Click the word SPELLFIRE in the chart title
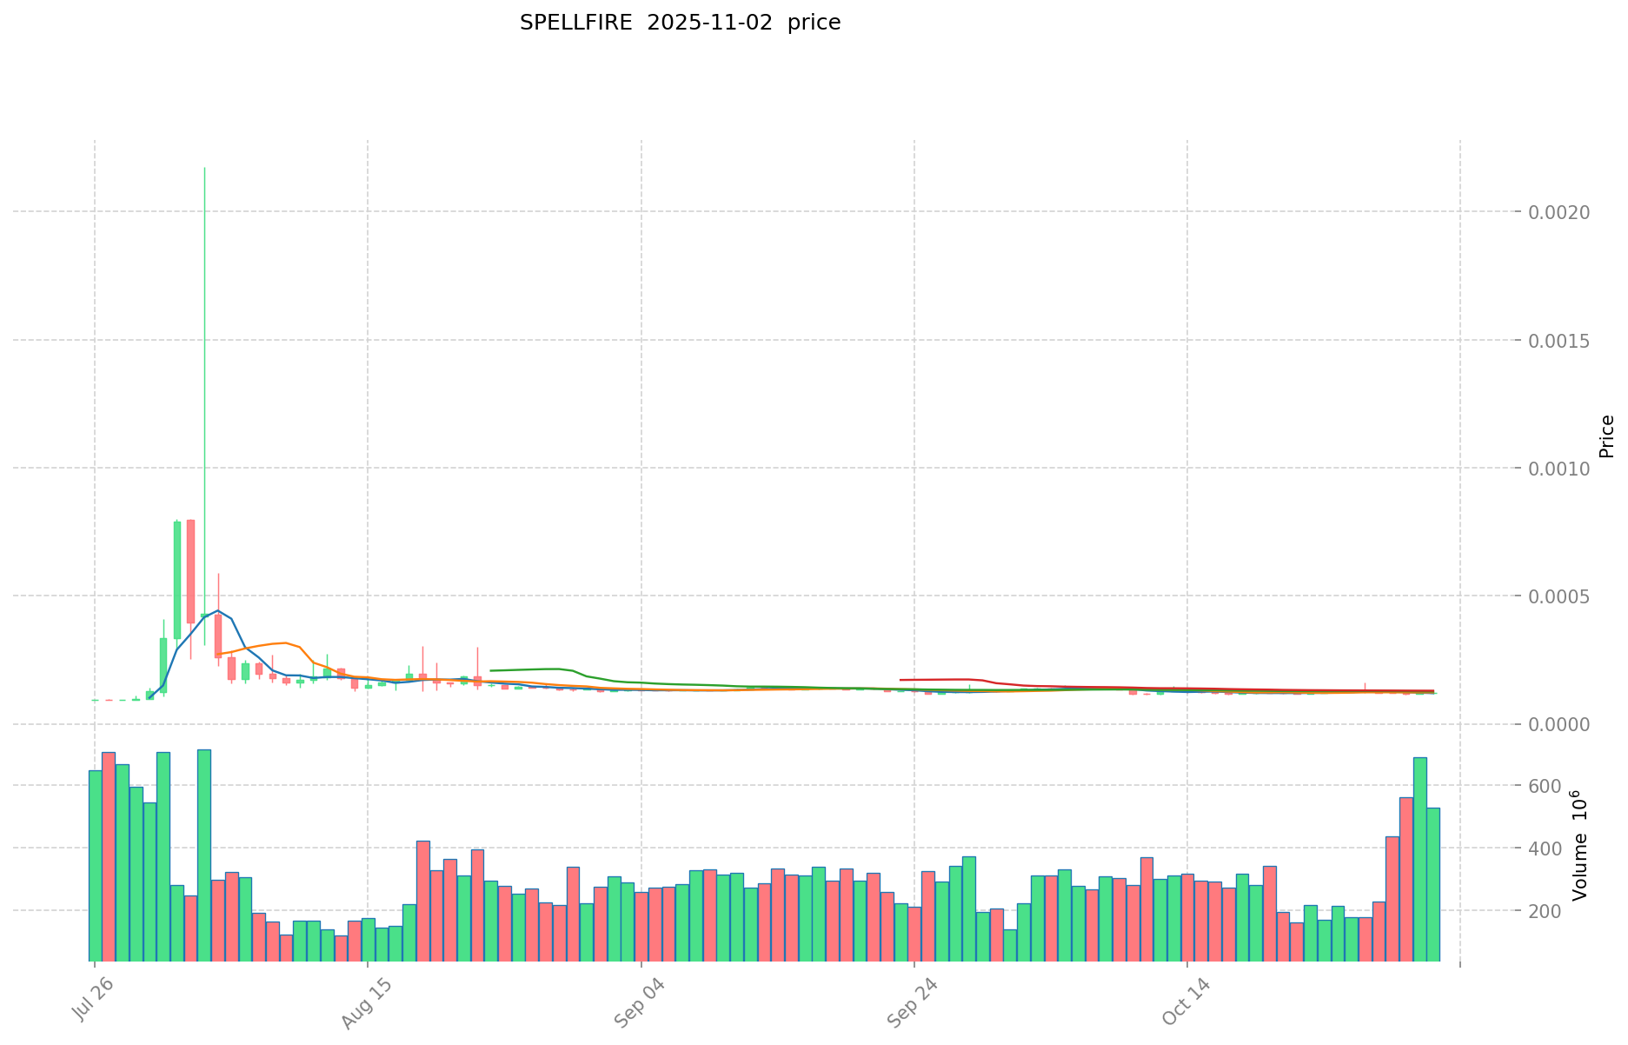[x=575, y=23]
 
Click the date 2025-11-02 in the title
[x=709, y=23]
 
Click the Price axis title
[x=1606, y=436]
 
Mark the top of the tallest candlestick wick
[x=204, y=168]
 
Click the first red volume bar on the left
[x=109, y=856]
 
